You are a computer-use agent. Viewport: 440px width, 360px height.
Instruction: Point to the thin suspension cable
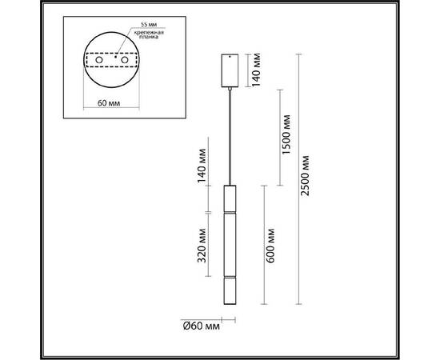(230, 136)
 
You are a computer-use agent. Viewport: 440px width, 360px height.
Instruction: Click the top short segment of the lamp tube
(230, 198)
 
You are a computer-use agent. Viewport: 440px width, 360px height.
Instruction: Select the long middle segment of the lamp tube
(230, 244)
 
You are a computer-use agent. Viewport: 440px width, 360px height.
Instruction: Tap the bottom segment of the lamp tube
(230, 290)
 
